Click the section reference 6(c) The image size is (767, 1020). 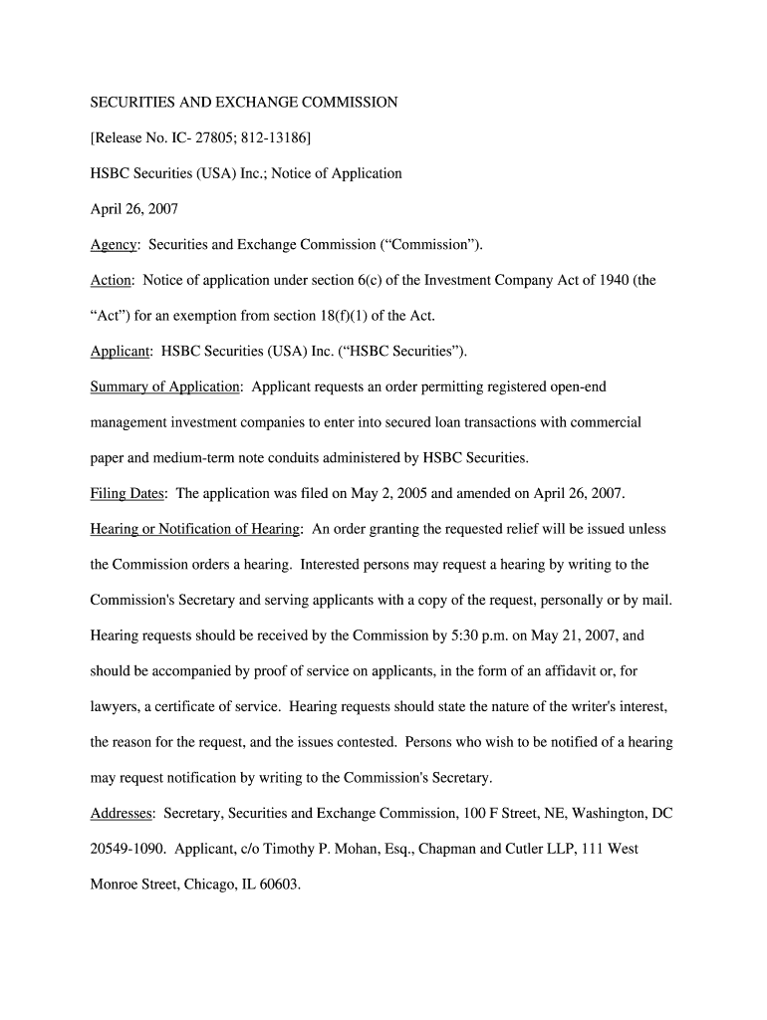tap(391, 281)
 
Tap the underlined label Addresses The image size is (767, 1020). tap(122, 814)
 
